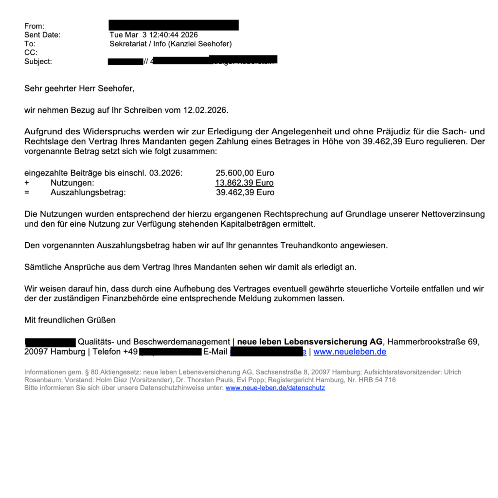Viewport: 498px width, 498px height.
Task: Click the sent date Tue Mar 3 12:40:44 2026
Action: click(154, 35)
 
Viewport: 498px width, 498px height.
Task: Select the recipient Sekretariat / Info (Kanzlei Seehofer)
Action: click(171, 44)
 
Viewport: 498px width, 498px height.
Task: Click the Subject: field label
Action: click(38, 61)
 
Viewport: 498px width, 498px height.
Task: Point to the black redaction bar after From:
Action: click(174, 25)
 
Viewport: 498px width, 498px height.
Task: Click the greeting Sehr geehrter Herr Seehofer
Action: click(79, 89)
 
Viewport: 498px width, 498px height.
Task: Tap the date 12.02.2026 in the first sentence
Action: click(205, 110)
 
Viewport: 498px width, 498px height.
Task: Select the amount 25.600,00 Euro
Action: click(245, 173)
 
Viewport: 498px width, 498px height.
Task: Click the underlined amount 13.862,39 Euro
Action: click(244, 183)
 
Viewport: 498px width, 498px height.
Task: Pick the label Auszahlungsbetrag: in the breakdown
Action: click(88, 193)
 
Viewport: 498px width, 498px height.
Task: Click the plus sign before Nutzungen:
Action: click(27, 183)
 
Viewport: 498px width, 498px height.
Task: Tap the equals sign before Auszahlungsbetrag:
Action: click(27, 193)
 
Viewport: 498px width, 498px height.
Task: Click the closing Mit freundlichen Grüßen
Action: click(70, 320)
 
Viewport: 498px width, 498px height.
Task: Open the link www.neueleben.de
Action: click(350, 352)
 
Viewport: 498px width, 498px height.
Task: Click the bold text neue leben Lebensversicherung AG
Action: click(310, 342)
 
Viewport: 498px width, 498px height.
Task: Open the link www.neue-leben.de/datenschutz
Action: click(275, 388)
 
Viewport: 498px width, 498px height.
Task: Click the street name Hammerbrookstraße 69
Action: click(433, 342)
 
